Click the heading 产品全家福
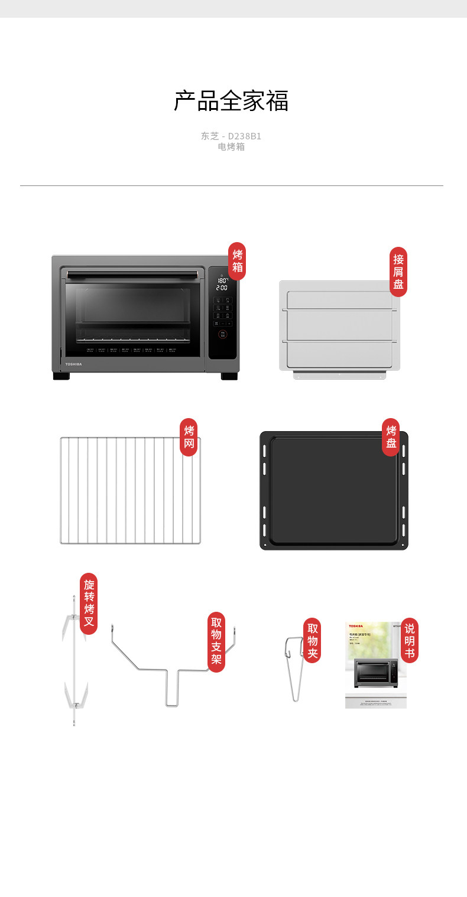[x=231, y=101]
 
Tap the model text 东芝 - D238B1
[x=231, y=136]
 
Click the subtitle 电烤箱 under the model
[x=231, y=147]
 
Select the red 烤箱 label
[x=237, y=261]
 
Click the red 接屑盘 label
[x=398, y=272]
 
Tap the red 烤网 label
[x=189, y=437]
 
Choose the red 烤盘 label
[x=391, y=437]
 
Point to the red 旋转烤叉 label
[x=89, y=603]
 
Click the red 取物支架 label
[x=216, y=642]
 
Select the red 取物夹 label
[x=312, y=640]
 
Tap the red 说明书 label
[x=409, y=640]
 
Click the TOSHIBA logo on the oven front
[x=73, y=364]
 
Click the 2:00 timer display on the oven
[x=222, y=288]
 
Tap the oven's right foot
[x=229, y=376]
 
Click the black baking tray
[x=333, y=490]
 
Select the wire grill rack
[x=130, y=490]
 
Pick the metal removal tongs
[x=296, y=667]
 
